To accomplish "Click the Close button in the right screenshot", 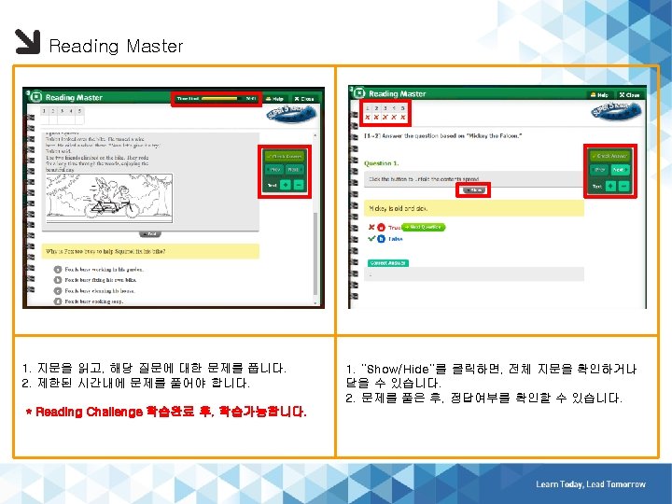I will click(x=630, y=94).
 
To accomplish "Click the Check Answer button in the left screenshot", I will click(x=283, y=156).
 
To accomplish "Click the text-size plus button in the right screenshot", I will click(x=609, y=185).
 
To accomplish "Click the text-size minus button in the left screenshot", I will click(x=298, y=185).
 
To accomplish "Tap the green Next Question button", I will click(x=424, y=227).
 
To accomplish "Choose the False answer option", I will click(x=395, y=239).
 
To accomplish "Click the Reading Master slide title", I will click(x=116, y=46).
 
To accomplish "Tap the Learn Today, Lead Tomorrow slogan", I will click(x=590, y=484).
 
